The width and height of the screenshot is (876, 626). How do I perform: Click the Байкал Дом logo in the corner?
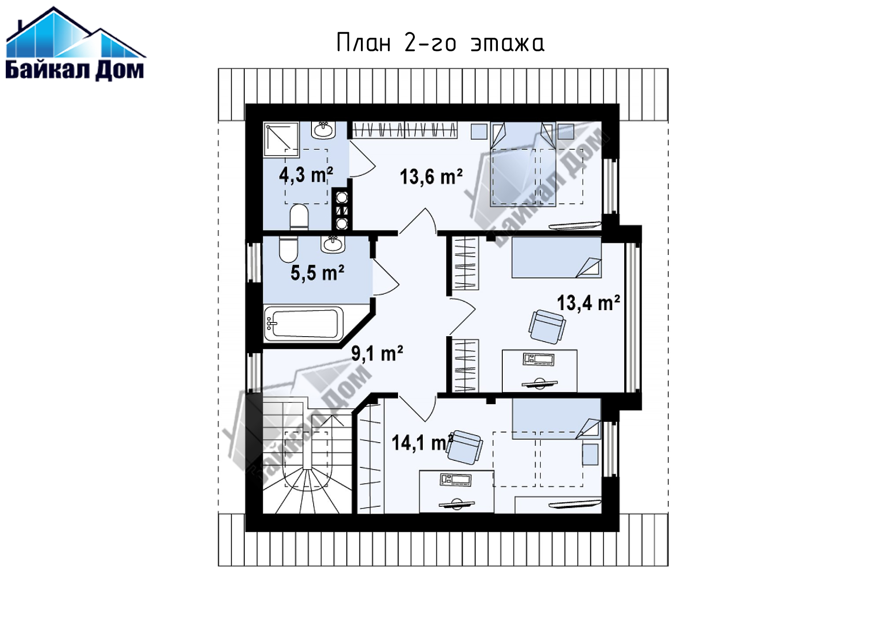75,44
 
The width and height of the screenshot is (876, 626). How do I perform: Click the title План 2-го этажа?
440,43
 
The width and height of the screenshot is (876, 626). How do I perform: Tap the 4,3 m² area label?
306,175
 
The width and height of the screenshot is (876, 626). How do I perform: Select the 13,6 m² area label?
431,177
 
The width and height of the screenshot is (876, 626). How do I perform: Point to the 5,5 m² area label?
317,273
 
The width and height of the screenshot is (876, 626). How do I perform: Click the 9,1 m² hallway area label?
377,353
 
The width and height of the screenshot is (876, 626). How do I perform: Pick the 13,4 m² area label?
588,303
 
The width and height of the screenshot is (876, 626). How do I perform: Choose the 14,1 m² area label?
422,442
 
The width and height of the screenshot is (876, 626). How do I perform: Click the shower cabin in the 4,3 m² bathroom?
281,140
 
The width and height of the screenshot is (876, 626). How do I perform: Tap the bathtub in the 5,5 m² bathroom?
303,324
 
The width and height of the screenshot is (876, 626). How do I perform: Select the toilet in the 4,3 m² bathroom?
299,217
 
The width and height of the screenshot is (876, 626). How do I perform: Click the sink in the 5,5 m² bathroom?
333,245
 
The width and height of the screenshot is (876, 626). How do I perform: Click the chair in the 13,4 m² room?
547,326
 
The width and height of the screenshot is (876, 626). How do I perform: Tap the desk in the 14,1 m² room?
456,492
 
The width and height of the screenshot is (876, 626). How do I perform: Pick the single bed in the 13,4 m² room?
556,257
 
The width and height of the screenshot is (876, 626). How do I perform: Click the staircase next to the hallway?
307,455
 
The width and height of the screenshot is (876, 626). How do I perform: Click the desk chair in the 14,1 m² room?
464,447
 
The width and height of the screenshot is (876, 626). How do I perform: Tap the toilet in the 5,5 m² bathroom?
288,249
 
